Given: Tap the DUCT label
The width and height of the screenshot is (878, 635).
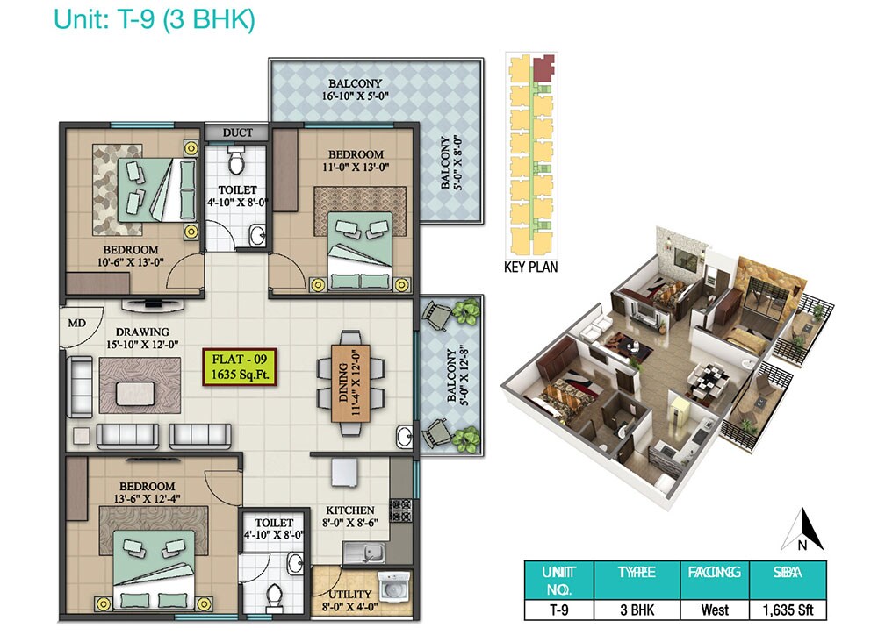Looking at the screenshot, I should (237, 132).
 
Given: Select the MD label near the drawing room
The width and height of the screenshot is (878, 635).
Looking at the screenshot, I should (77, 322).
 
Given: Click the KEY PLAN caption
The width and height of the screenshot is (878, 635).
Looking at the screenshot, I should (529, 268).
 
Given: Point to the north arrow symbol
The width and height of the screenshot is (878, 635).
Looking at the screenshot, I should (808, 529).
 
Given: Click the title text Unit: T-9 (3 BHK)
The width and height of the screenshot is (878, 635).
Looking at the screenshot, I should (154, 19).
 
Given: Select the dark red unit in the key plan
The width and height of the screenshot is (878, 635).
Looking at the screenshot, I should (545, 67).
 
